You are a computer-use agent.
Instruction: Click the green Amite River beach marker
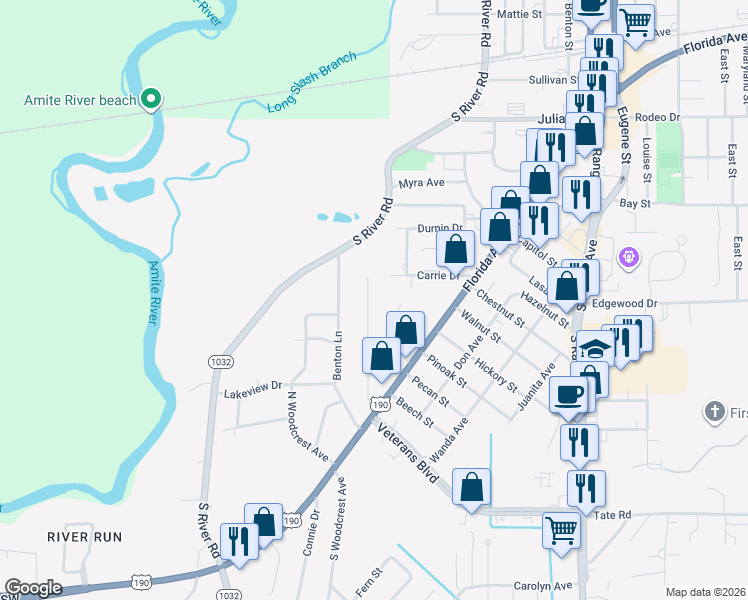tap(151, 98)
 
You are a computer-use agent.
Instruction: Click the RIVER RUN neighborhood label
tap(85, 537)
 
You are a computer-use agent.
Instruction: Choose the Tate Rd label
tap(613, 515)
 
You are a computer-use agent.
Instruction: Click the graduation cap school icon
tap(597, 349)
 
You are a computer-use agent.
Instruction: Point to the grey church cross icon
tap(714, 411)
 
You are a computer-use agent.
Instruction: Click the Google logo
tap(33, 588)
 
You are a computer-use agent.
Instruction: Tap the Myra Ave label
tap(420, 184)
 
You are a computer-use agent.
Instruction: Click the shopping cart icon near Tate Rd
tap(561, 529)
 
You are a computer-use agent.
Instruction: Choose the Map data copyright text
tap(705, 592)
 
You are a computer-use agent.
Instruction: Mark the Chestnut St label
tap(500, 308)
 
